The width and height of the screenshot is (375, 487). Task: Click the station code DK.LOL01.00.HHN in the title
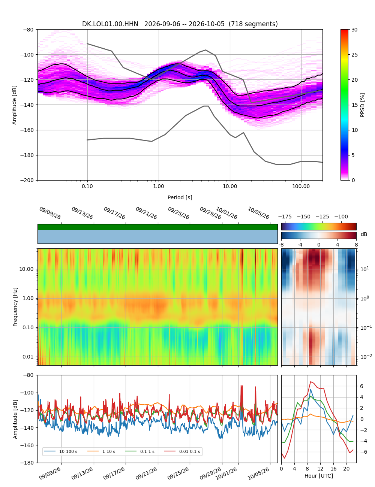click(110, 24)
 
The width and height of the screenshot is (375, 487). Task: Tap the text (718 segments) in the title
click(253, 24)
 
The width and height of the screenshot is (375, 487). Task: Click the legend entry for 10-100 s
click(61, 451)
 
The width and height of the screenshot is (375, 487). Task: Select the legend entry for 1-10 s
click(101, 451)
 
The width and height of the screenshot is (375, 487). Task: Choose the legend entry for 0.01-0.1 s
click(182, 451)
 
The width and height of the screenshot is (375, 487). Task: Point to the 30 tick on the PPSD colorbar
click(354, 30)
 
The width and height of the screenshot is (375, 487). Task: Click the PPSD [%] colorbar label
click(362, 105)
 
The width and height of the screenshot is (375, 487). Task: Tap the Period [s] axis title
click(180, 197)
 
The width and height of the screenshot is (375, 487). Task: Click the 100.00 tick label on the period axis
click(301, 186)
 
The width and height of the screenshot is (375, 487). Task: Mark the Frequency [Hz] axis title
click(15, 307)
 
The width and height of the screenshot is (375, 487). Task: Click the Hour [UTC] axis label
click(319, 475)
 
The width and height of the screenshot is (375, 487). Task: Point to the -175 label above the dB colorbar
click(285, 217)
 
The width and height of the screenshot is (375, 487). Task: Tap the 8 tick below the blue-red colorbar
click(356, 245)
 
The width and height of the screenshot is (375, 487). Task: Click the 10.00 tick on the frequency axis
click(27, 269)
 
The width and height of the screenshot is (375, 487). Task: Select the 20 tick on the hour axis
click(346, 469)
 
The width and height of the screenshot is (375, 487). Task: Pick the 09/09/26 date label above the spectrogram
click(50, 213)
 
